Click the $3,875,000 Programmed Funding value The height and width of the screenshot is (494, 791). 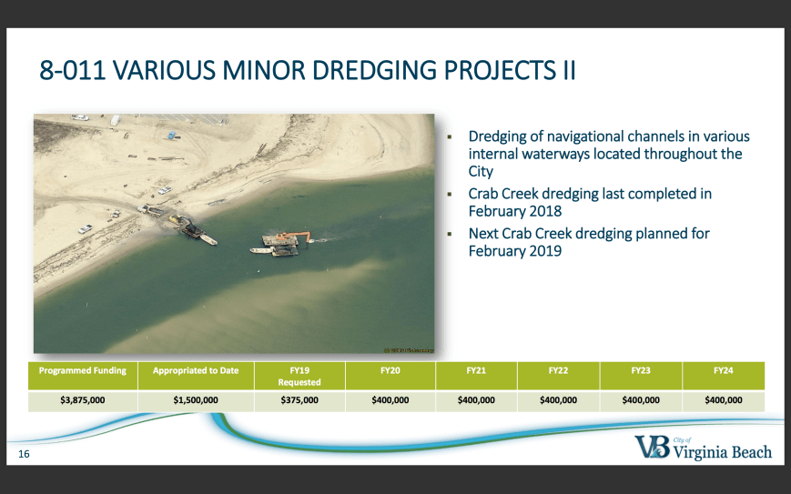coord(83,400)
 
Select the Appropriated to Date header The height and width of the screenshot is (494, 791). coord(196,370)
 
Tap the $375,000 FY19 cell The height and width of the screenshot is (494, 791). coord(299,400)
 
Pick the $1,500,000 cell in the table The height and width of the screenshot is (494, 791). coord(196,400)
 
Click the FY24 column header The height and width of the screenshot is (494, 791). coord(724,370)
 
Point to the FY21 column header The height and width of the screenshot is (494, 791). coord(476,370)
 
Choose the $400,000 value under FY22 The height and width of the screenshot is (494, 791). coord(559,400)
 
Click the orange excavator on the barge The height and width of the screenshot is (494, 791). coord(297,236)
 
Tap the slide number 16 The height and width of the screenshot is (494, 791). coord(24,454)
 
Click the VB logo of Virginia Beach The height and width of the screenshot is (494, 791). coord(653,447)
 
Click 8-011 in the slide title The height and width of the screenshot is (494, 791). coord(73,70)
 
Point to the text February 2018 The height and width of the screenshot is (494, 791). coord(515,211)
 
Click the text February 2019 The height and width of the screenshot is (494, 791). coord(515,250)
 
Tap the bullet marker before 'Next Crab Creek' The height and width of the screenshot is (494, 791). coord(450,234)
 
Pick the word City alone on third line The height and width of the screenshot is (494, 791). coord(481,171)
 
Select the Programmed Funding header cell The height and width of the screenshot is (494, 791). coord(83,370)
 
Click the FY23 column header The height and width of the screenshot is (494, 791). coord(641,370)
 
